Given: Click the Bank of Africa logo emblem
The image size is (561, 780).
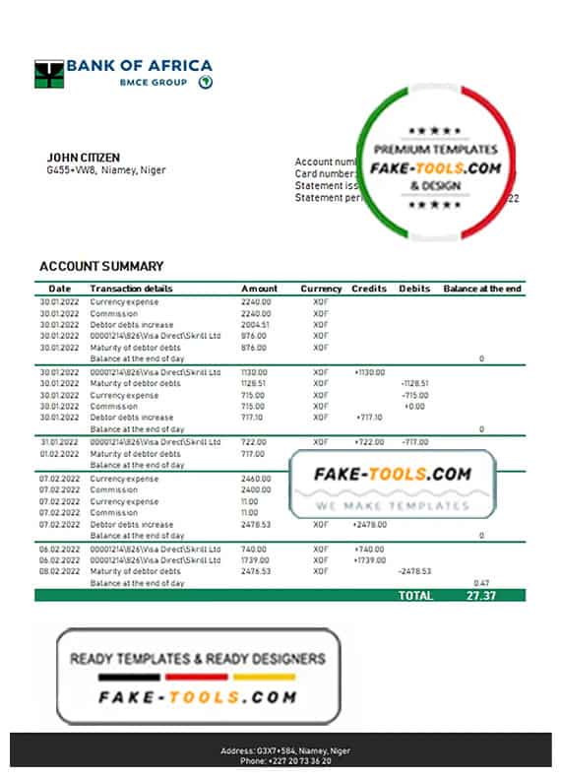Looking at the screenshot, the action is click(49, 74).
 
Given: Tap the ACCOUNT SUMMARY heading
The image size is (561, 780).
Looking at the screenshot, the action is click(101, 266).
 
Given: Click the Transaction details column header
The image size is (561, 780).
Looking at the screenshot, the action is click(131, 289).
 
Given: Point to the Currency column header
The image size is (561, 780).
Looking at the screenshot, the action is click(321, 289).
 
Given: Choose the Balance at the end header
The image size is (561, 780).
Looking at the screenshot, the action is click(482, 289).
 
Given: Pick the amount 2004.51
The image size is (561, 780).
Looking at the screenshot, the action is click(255, 324).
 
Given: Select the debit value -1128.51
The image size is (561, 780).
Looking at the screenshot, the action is click(413, 383).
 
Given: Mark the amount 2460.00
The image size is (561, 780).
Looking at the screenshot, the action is click(256, 478).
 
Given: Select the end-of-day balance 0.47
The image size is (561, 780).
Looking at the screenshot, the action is click(481, 583).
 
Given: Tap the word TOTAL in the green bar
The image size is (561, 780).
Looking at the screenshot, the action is click(415, 596).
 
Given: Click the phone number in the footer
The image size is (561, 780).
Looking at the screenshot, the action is click(285, 761).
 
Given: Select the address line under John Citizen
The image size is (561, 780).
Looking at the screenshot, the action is click(106, 169).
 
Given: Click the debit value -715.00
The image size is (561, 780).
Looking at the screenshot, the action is click(414, 395).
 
